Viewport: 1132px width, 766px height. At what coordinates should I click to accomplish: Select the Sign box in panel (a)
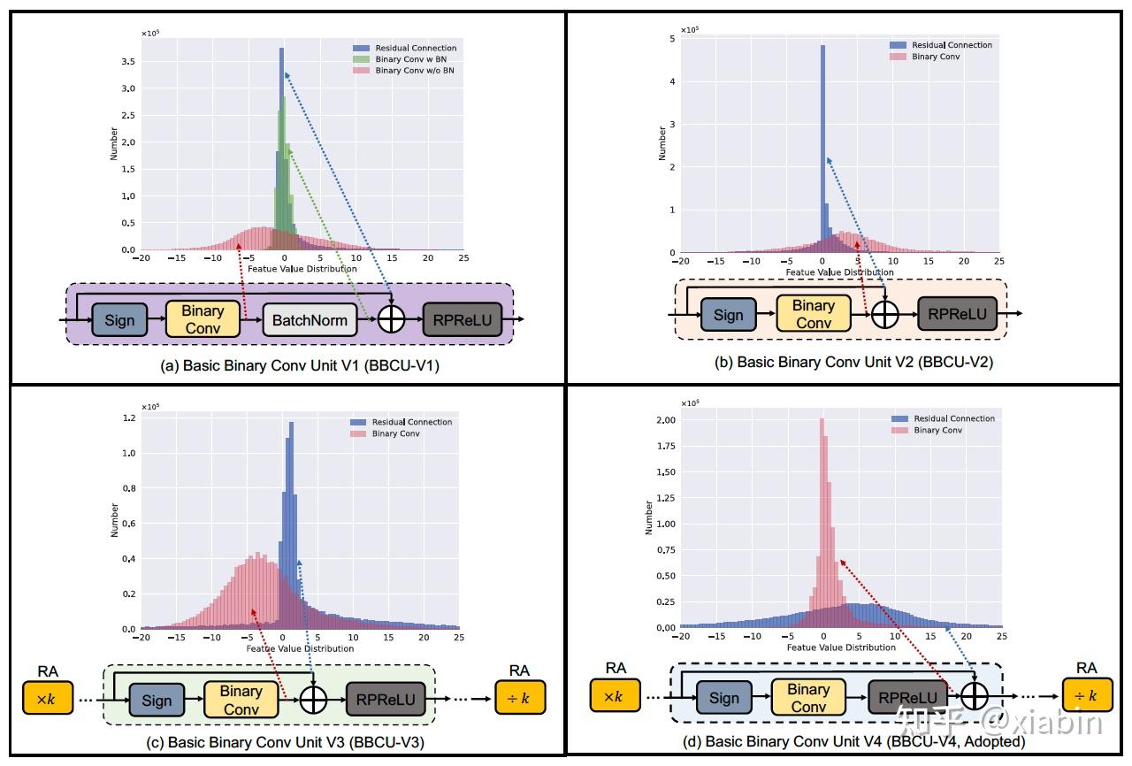pyautogui.click(x=119, y=320)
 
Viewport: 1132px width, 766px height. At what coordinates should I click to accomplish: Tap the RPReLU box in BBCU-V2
pyautogui.click(x=957, y=313)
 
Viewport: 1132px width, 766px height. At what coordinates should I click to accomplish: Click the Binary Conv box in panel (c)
pyautogui.click(x=241, y=700)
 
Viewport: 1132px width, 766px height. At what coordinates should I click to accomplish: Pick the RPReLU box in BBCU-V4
pyautogui.click(x=907, y=698)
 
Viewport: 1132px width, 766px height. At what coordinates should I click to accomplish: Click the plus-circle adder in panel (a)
pyautogui.click(x=391, y=320)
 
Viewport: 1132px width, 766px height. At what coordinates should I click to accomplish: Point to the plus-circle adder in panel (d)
pyautogui.click(x=974, y=697)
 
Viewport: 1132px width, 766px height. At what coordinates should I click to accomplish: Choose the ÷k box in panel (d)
pyautogui.click(x=1087, y=696)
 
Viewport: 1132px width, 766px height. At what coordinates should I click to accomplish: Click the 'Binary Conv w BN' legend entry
pyautogui.click(x=409, y=59)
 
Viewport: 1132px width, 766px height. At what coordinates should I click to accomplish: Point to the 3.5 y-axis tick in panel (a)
pyautogui.click(x=129, y=61)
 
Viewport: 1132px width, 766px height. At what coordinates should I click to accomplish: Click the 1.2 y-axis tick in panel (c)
pyautogui.click(x=129, y=418)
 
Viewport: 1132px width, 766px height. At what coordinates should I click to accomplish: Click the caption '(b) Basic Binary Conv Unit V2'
pyautogui.click(x=853, y=362)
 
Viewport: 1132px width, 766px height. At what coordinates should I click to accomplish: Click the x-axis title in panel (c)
pyautogui.click(x=301, y=648)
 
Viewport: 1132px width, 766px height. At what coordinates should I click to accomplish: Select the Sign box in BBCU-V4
pyautogui.click(x=724, y=698)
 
